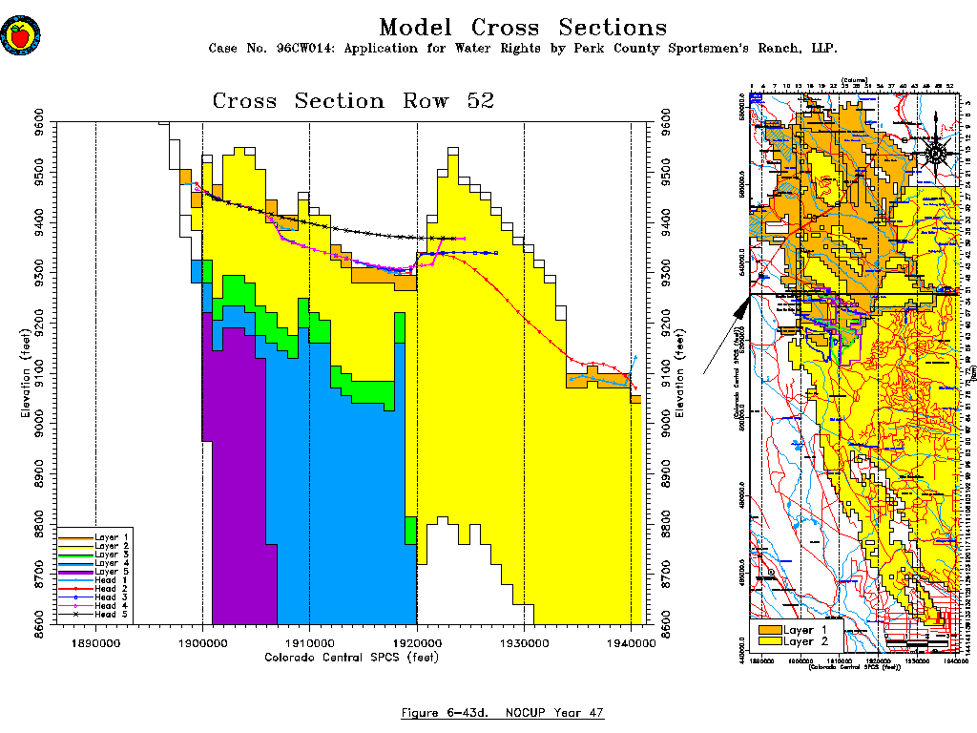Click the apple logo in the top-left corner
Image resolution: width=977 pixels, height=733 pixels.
[x=18, y=35]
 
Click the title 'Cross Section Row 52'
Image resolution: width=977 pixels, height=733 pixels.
[x=353, y=101]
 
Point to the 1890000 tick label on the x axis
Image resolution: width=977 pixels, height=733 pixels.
[x=95, y=644]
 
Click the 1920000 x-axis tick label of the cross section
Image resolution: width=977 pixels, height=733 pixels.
[x=417, y=644]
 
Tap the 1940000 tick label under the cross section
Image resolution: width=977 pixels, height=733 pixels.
[x=631, y=644]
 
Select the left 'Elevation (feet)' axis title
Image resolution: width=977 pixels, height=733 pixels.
[x=26, y=374]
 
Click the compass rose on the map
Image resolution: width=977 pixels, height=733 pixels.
[x=937, y=151]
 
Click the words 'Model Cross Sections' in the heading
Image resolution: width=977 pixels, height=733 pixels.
[x=523, y=28]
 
